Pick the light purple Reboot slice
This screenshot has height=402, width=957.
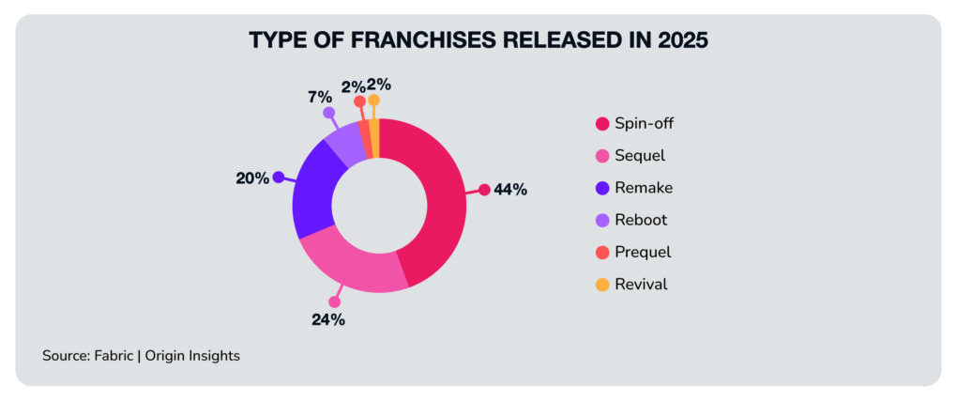pyautogui.click(x=342, y=145)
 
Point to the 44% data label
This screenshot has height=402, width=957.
pyautogui.click(x=510, y=190)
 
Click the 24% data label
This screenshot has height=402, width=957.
pyautogui.click(x=328, y=319)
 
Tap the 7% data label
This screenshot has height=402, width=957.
pyautogui.click(x=319, y=96)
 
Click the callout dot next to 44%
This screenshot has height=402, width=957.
pyautogui.click(x=484, y=190)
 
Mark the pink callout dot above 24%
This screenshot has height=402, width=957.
pyautogui.click(x=334, y=302)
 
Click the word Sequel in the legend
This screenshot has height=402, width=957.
pyautogui.click(x=641, y=155)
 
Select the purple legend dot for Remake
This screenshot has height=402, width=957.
pyautogui.click(x=601, y=188)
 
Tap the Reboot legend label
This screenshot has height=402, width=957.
pyautogui.click(x=641, y=220)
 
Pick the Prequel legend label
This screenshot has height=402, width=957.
pyautogui.click(x=643, y=252)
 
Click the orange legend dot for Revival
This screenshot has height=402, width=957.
pyautogui.click(x=601, y=284)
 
